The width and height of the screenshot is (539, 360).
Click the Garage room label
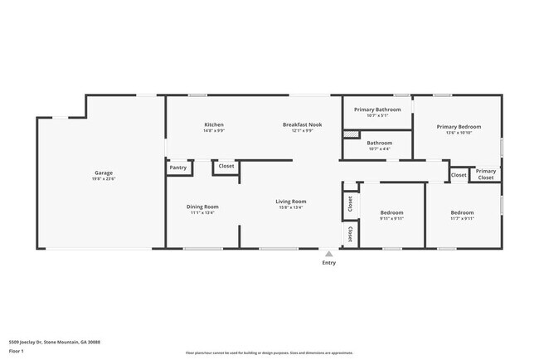[103, 173]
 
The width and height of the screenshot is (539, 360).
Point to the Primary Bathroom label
[377, 109]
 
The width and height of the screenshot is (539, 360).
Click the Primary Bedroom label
[459, 127]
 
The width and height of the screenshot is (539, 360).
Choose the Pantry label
[178, 168]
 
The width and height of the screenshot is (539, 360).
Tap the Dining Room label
[202, 207]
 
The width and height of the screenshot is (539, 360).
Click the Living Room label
[291, 202]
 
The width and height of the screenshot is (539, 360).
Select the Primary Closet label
[486, 174]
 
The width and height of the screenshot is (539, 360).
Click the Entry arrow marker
[329, 254]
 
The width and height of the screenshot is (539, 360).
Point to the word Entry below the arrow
[329, 264]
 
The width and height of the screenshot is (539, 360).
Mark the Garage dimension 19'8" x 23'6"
[103, 179]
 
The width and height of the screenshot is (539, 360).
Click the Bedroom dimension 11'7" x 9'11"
[462, 218]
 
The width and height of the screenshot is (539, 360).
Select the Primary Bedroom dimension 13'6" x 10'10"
[459, 133]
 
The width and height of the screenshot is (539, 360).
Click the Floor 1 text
[16, 351]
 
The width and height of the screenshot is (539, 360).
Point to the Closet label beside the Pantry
[226, 166]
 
